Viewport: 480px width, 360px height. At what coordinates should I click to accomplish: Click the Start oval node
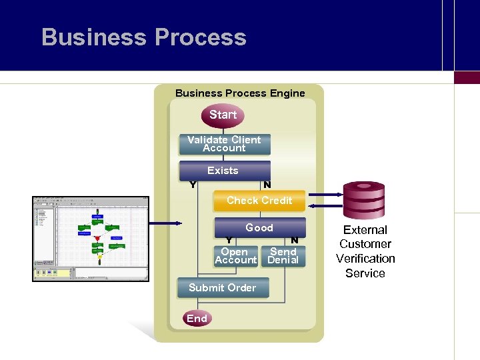pos(223,115)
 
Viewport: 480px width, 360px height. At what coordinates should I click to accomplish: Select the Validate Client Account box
pos(224,144)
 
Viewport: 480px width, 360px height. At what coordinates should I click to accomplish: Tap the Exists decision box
pos(224,171)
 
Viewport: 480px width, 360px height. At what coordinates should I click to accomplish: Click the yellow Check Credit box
pos(259,201)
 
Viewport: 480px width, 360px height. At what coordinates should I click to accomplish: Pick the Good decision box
pos(259,227)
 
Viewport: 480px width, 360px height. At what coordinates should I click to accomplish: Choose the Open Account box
pos(235,256)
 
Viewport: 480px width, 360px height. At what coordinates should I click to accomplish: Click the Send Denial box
pos(283,256)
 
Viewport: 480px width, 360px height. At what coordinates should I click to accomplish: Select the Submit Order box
pos(223,288)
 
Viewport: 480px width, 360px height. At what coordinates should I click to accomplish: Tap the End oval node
pos(197,319)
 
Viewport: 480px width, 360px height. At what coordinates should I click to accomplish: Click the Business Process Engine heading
pos(240,93)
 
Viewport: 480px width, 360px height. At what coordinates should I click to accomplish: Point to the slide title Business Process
pos(144,37)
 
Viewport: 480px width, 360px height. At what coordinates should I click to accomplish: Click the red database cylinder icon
pos(363,200)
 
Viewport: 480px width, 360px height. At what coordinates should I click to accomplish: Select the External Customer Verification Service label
pos(365,251)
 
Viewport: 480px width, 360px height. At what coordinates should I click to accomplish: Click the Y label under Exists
pos(193,185)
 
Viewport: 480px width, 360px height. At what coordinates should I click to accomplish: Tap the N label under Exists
pos(267,185)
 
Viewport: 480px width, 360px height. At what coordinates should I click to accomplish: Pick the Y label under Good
pos(229,241)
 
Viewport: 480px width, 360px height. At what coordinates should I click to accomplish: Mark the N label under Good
pos(294,241)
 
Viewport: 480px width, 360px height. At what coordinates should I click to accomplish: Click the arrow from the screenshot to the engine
pos(165,223)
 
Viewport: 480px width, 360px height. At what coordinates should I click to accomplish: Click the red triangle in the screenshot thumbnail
pos(97,238)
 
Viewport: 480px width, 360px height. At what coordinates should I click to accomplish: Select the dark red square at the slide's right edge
pos(467,77)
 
